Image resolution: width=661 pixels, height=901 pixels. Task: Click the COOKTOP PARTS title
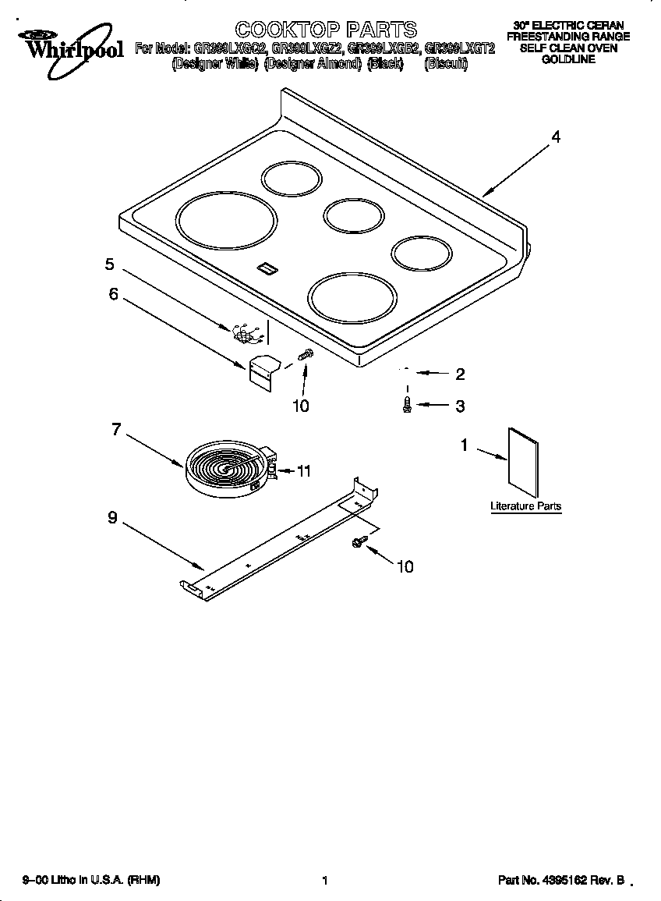click(326, 30)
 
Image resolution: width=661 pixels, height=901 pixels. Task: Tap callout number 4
click(556, 137)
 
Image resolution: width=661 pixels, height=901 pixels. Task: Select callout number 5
click(110, 264)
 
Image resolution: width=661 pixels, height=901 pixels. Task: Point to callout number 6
click(114, 295)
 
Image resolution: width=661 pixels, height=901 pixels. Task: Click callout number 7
click(116, 429)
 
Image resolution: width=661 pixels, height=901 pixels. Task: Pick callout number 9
click(112, 518)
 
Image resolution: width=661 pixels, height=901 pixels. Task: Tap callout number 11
click(304, 471)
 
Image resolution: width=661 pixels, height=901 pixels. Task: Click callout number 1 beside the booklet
click(465, 445)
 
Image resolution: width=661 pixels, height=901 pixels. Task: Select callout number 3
click(460, 406)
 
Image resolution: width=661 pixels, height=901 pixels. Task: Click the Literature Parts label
click(525, 506)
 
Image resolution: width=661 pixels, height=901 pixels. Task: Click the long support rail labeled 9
click(281, 542)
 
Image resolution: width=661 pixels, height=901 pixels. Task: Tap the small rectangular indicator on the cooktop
click(267, 268)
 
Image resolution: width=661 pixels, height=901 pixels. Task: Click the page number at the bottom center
click(323, 881)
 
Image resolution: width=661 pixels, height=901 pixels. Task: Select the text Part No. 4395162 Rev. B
click(561, 881)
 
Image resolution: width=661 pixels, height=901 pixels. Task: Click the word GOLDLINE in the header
click(568, 59)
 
